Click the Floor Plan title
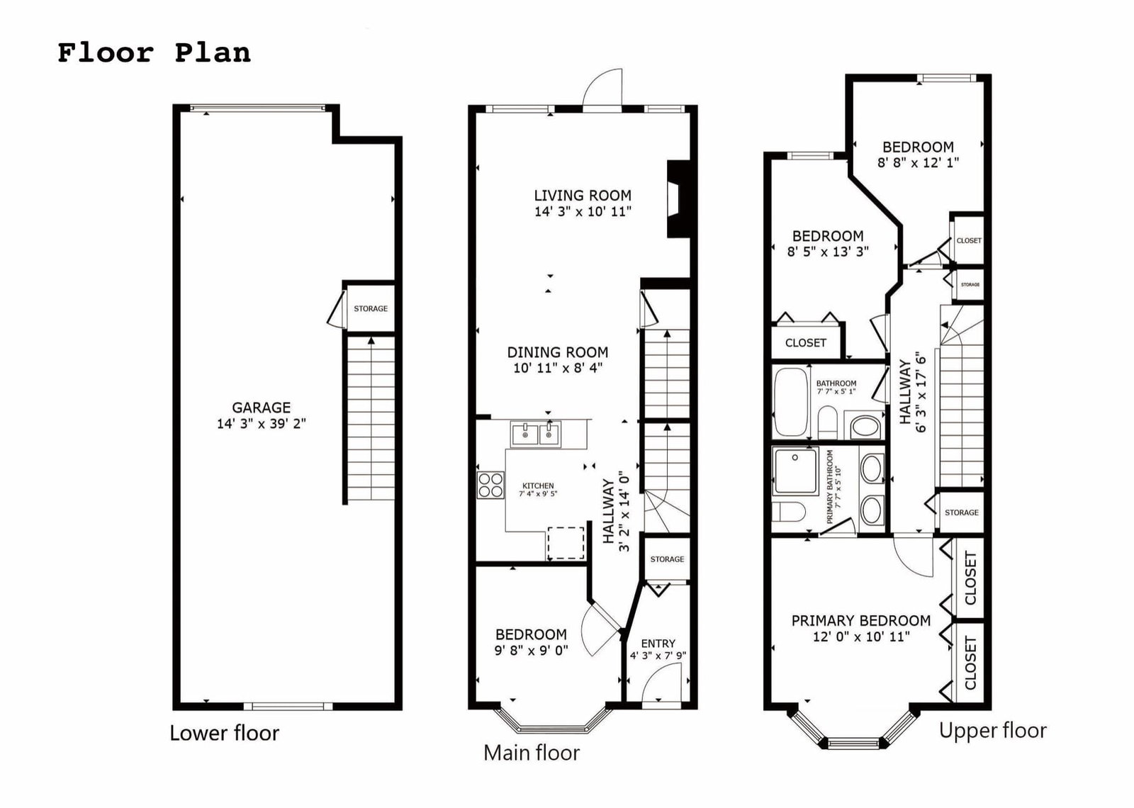click(154, 53)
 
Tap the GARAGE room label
click(262, 408)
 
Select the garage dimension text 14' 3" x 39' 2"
click(262, 424)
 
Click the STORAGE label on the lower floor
click(371, 308)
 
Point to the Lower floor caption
click(224, 733)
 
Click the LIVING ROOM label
click(583, 196)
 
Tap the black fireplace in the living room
click(678, 199)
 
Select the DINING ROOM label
click(558, 352)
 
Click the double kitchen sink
click(536, 434)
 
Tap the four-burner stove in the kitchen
click(490, 485)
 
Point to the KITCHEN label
click(538, 486)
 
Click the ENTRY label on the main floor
click(658, 644)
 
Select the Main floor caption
click(532, 753)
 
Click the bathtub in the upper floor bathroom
click(791, 402)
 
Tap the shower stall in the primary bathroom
click(795, 471)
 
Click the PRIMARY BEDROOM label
click(860, 621)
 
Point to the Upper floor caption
click(993, 731)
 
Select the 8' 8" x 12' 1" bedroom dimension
click(918, 162)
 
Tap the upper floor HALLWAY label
click(905, 392)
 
